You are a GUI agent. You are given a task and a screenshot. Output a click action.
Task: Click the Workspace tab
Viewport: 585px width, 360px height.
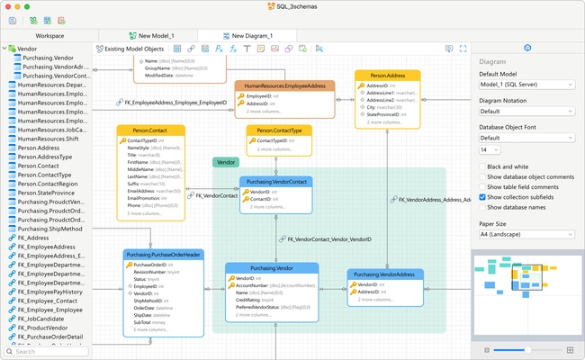pyautogui.click(x=49, y=35)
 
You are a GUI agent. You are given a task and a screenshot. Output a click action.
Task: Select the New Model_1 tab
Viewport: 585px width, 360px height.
pyautogui.click(x=149, y=35)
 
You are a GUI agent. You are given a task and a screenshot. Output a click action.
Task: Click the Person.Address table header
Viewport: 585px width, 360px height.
pyautogui.click(x=387, y=76)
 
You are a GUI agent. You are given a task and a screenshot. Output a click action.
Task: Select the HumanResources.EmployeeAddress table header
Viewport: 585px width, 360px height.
pyautogui.click(x=284, y=85)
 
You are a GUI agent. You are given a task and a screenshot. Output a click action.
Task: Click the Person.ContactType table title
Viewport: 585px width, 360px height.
pyautogui.click(x=280, y=130)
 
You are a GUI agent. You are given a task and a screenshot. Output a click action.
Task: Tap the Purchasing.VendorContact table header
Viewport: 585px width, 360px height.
pyautogui.click(x=276, y=182)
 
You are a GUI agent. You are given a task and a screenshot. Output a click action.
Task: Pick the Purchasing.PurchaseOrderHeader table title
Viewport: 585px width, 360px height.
pyautogui.click(x=163, y=255)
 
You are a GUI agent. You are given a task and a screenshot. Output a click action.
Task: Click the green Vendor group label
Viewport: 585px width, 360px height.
pyautogui.click(x=226, y=162)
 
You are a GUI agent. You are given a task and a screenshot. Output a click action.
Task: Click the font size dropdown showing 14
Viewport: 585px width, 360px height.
pyautogui.click(x=491, y=149)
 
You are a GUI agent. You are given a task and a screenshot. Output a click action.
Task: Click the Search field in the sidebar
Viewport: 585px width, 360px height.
pyautogui.click(x=49, y=351)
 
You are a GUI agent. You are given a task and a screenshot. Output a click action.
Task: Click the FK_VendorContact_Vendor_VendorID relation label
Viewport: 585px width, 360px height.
pyautogui.click(x=328, y=240)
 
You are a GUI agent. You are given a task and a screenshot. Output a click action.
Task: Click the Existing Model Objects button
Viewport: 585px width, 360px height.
pyautogui.click(x=130, y=49)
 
